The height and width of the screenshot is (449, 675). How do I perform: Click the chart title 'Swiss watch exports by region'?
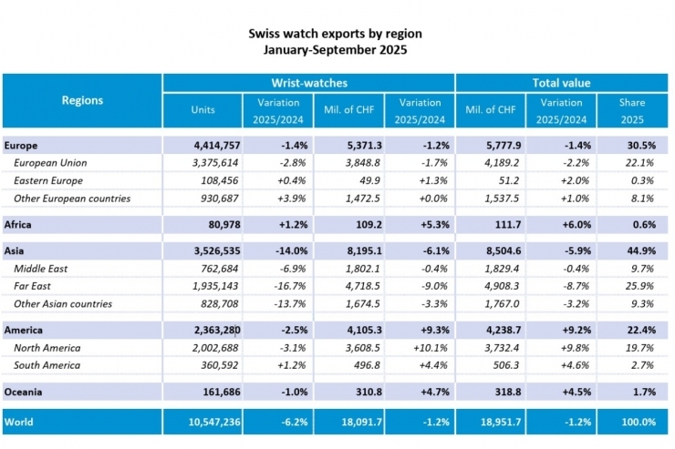click(x=336, y=34)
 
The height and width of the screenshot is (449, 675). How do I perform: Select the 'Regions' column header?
click(x=82, y=100)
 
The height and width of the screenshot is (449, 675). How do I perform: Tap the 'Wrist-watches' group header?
click(x=308, y=83)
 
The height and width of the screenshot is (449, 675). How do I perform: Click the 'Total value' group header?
click(x=562, y=83)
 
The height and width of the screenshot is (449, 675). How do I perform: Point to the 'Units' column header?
click(x=202, y=110)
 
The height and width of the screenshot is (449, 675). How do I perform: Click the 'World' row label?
click(x=20, y=422)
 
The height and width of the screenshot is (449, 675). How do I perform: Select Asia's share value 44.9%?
click(x=637, y=250)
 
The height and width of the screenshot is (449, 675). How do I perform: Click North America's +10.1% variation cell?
click(x=422, y=347)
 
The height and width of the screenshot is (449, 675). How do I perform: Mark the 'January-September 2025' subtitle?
click(x=336, y=51)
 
